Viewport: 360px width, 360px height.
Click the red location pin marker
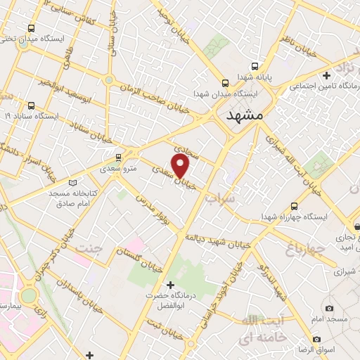click(181, 166)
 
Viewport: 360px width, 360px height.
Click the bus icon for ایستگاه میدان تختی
click(30, 29)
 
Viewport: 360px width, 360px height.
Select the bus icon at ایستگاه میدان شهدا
click(224, 82)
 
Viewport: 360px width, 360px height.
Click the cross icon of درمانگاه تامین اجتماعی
click(326, 75)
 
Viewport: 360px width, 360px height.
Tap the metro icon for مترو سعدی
click(118, 157)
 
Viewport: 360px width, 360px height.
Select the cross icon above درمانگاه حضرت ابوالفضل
click(169, 285)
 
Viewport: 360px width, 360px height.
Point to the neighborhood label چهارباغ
click(305, 248)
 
